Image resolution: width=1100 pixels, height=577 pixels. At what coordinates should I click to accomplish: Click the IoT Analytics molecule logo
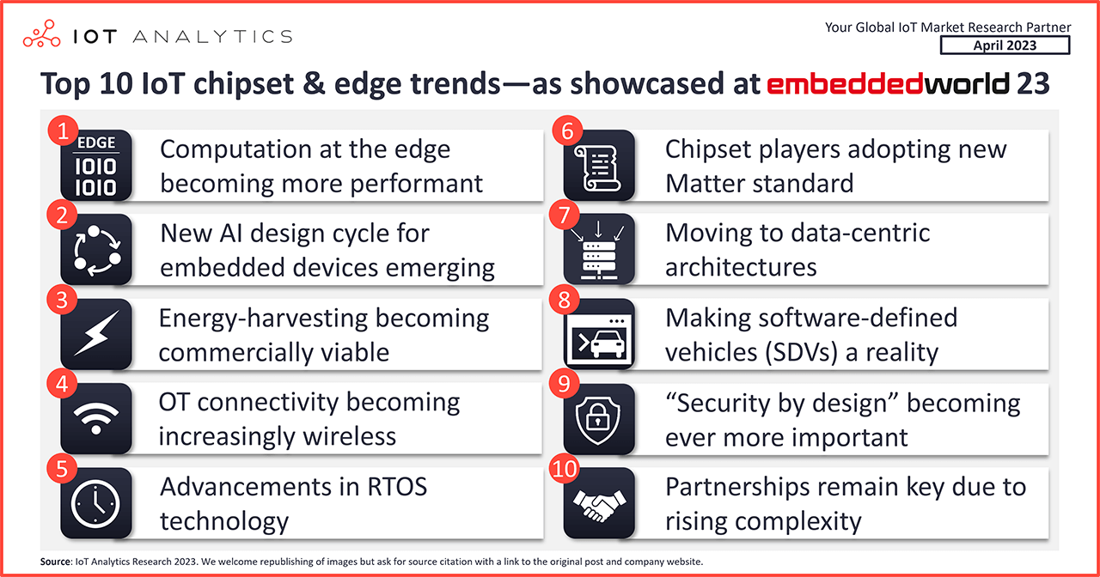click(x=42, y=33)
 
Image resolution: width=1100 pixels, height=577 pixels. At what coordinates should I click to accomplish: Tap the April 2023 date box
click(x=1005, y=46)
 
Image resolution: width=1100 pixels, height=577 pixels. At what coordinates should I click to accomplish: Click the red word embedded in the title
click(x=845, y=83)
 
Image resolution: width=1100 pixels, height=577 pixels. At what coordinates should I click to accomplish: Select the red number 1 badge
click(x=63, y=131)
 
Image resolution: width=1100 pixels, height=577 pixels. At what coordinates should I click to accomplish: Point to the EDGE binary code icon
click(x=96, y=166)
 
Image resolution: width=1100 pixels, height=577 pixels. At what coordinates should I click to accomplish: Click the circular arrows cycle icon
click(x=96, y=250)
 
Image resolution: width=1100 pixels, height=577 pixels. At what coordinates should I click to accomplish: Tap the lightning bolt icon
click(x=96, y=334)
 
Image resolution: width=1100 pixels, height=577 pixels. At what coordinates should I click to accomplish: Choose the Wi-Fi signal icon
click(x=96, y=418)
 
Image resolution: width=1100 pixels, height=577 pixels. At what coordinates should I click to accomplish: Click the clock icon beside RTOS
click(x=96, y=503)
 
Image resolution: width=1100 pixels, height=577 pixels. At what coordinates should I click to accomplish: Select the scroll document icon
click(x=599, y=166)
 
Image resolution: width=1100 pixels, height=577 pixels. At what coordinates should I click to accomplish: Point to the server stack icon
click(x=599, y=250)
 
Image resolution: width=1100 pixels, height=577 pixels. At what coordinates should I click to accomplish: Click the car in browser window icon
click(x=599, y=334)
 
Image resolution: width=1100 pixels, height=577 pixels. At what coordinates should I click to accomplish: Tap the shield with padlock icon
click(x=599, y=418)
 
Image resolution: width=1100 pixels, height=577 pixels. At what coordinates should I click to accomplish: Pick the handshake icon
click(x=599, y=503)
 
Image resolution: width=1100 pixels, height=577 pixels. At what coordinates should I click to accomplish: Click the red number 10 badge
click(x=565, y=469)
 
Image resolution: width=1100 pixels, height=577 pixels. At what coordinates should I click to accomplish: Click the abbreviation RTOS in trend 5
click(x=397, y=487)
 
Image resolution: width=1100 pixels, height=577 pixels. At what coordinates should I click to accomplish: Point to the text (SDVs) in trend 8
click(x=800, y=352)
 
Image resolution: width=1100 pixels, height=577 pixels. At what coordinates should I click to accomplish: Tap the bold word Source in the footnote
click(x=56, y=562)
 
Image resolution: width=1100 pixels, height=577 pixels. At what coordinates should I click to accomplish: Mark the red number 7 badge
click(x=565, y=216)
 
